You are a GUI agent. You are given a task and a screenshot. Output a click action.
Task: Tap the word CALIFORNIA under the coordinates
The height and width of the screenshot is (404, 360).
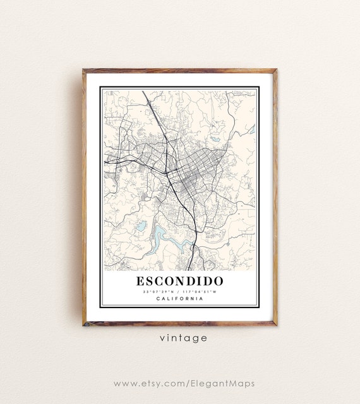(x=179, y=299)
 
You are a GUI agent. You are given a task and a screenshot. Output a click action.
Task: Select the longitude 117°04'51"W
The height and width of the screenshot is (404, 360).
(x=199, y=291)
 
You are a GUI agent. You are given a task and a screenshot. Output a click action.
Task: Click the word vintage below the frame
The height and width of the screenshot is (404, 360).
(x=180, y=338)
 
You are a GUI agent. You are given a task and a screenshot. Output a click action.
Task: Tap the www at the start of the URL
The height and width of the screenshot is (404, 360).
(x=124, y=383)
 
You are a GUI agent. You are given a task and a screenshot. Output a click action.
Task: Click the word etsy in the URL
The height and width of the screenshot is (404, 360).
(x=154, y=383)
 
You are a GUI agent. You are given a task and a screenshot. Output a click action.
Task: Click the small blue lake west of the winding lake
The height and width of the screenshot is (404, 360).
(x=141, y=225)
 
